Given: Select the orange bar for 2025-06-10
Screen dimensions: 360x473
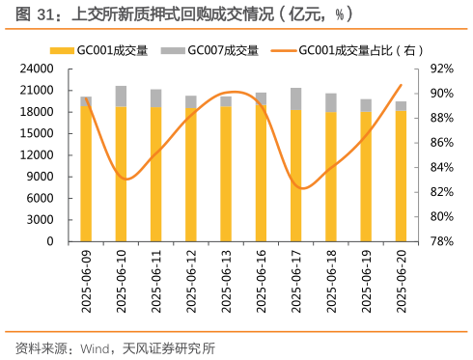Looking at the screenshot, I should [x=121, y=174].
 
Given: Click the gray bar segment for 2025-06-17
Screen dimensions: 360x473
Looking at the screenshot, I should [x=295, y=97].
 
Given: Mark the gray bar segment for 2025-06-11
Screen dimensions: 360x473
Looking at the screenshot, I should [x=155, y=97].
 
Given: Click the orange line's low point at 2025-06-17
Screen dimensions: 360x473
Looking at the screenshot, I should [x=299, y=188].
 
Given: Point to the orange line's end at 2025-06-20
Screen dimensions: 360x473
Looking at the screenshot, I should [x=401, y=85].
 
